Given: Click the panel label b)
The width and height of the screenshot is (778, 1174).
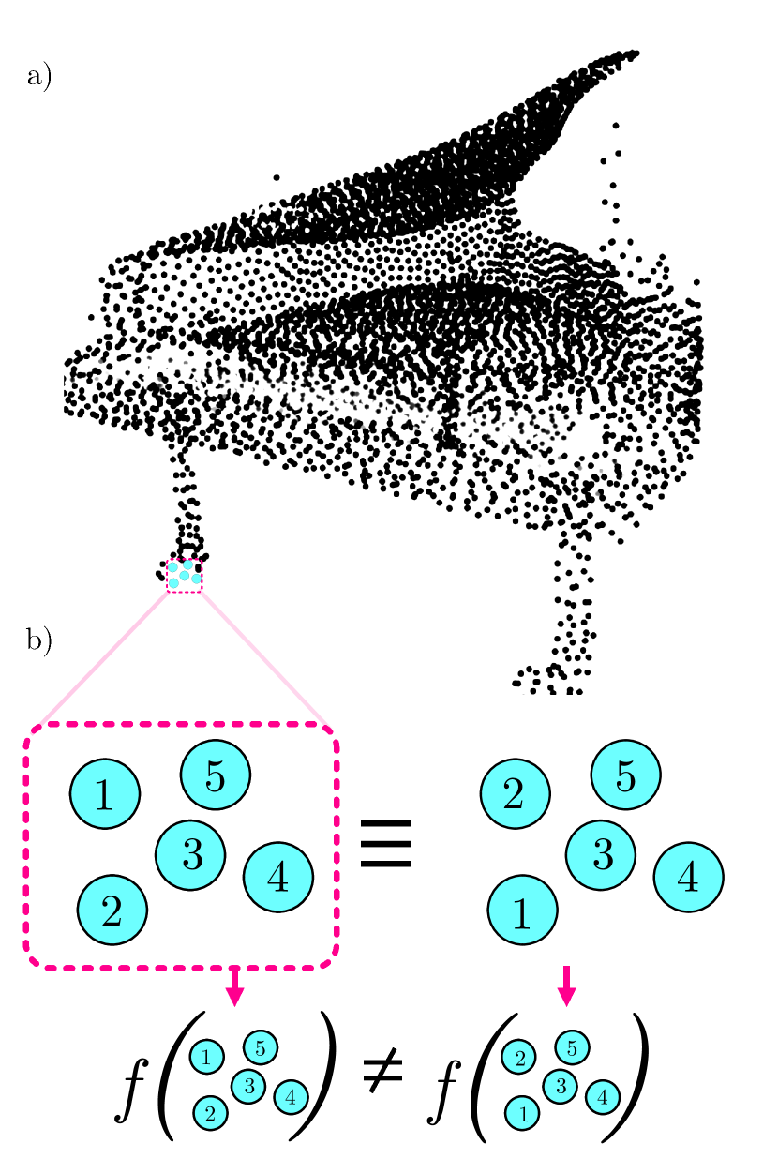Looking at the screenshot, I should coord(38,641).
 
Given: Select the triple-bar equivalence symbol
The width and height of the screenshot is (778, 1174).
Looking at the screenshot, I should coord(386,850).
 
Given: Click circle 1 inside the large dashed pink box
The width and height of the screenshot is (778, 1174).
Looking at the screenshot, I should coord(105,794).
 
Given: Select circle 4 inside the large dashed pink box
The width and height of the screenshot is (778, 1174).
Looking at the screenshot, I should coord(277,876).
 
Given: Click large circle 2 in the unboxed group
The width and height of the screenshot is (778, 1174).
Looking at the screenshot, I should coord(515,794).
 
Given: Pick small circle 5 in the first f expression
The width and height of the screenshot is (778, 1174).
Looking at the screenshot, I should coord(261,1046).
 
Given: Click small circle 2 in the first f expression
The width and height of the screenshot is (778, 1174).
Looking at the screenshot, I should coord(210,1113).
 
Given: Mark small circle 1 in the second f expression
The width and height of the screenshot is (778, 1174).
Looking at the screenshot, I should coord(522,1114).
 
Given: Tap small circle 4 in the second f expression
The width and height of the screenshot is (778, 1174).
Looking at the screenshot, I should coord(602,1095).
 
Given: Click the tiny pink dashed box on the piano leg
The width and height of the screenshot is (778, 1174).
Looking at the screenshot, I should coord(184,576).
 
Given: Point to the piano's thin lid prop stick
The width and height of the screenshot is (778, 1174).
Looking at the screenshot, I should coord(614,188).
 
